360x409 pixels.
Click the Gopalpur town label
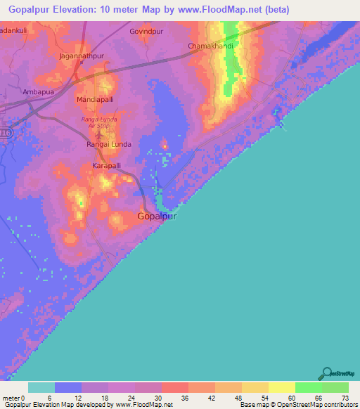tap(156, 217)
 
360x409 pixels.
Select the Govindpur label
tap(146, 32)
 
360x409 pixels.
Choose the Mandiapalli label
tap(95, 100)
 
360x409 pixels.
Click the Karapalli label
tap(107, 166)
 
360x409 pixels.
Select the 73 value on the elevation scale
tap(345, 397)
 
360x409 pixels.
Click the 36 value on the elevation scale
tap(185, 397)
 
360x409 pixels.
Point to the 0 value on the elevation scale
tap(24, 397)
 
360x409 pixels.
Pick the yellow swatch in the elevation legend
tap(281, 387)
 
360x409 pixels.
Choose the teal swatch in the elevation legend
tap(41, 387)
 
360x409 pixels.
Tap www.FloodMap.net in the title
tap(219, 9)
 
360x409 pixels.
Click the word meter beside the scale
tap(11, 397)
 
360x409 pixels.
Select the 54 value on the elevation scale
tap(265, 397)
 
